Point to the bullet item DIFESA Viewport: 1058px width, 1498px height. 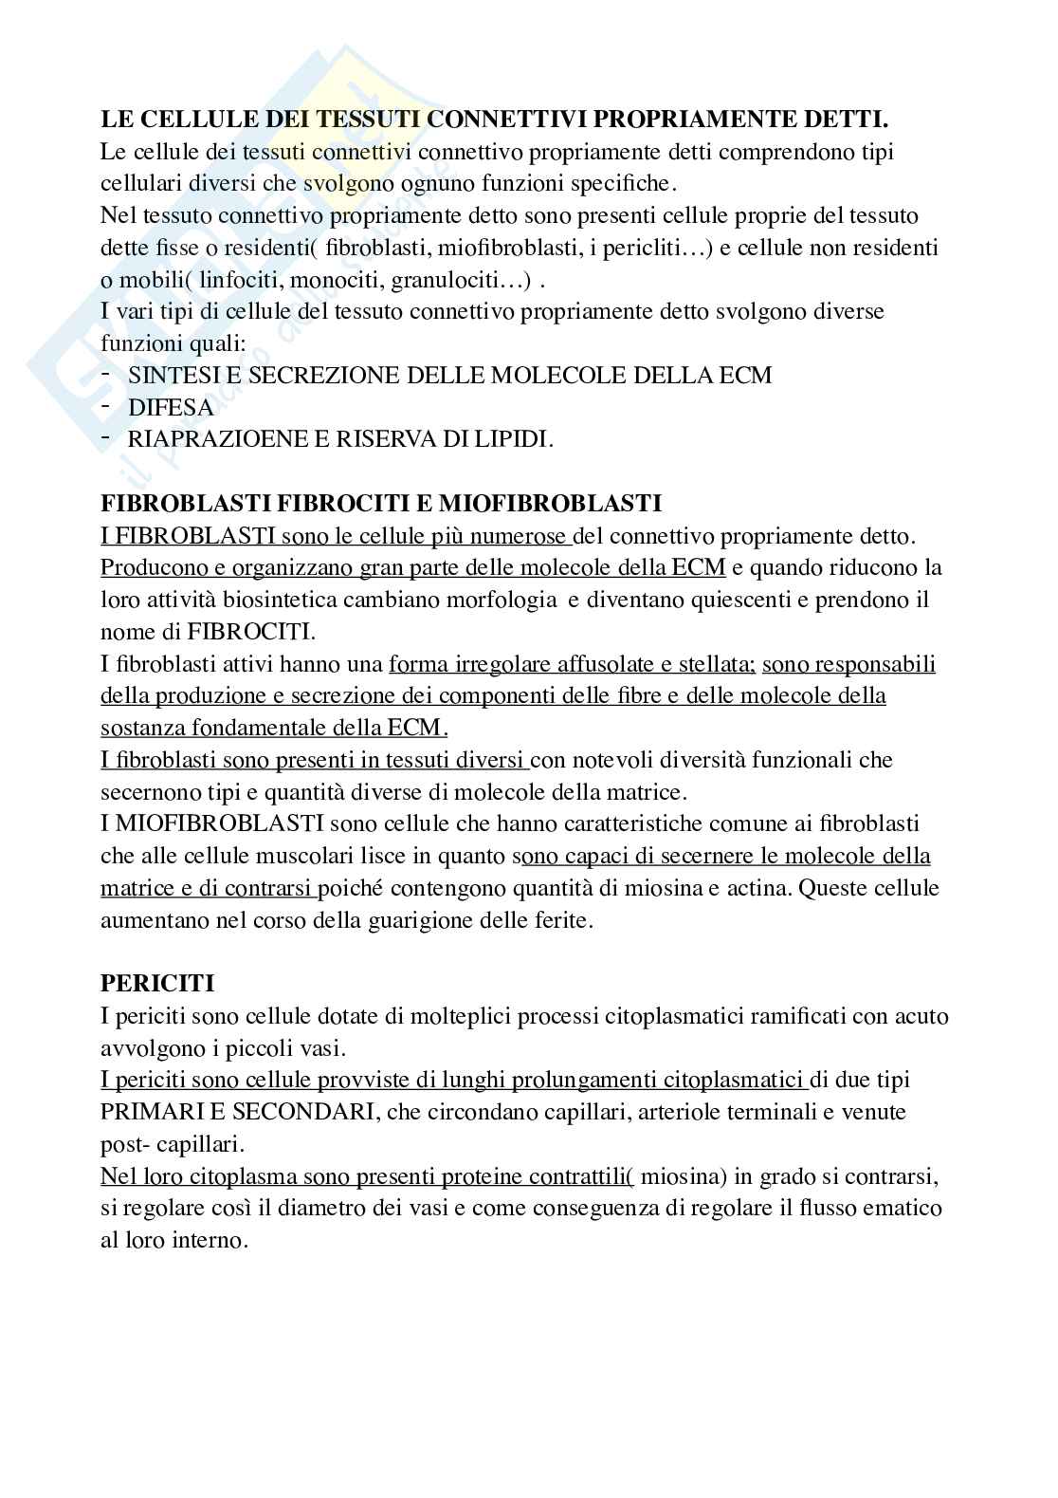171,408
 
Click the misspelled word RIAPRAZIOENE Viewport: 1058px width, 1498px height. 213,440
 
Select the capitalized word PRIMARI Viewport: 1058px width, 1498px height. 145,1111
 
